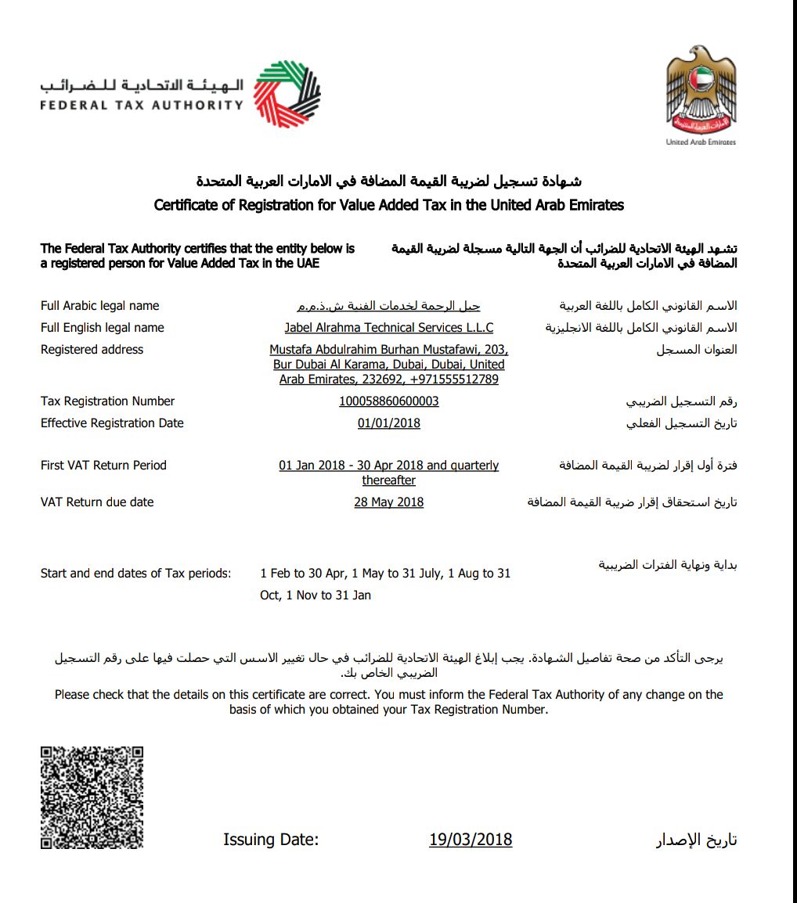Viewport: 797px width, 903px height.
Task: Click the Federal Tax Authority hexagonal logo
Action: (287, 95)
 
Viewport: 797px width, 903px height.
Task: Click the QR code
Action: (92, 798)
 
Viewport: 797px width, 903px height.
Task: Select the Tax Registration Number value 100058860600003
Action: (388, 401)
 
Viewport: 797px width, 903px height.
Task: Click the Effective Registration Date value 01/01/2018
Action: (388, 423)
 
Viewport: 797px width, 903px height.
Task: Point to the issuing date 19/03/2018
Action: (471, 840)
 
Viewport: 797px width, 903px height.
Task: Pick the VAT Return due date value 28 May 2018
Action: (388, 502)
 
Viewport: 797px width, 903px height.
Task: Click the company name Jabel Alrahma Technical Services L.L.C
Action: (388, 328)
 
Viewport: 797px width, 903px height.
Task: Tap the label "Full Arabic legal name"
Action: (99, 306)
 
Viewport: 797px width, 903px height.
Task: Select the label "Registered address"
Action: (92, 350)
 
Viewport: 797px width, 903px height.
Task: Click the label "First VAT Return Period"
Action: (103, 466)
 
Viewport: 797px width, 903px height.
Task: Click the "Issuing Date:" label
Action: (271, 840)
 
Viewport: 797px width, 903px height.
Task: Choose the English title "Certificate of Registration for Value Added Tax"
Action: (388, 206)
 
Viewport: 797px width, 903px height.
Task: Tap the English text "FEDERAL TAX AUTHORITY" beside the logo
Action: (142, 105)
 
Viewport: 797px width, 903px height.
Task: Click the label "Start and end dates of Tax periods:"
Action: (135, 574)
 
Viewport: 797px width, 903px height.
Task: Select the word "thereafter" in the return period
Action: (388, 480)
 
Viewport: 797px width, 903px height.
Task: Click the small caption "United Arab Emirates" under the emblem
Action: (701, 142)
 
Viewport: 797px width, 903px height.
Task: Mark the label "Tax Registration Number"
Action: (107, 401)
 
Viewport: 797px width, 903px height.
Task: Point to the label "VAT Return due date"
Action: (97, 502)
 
